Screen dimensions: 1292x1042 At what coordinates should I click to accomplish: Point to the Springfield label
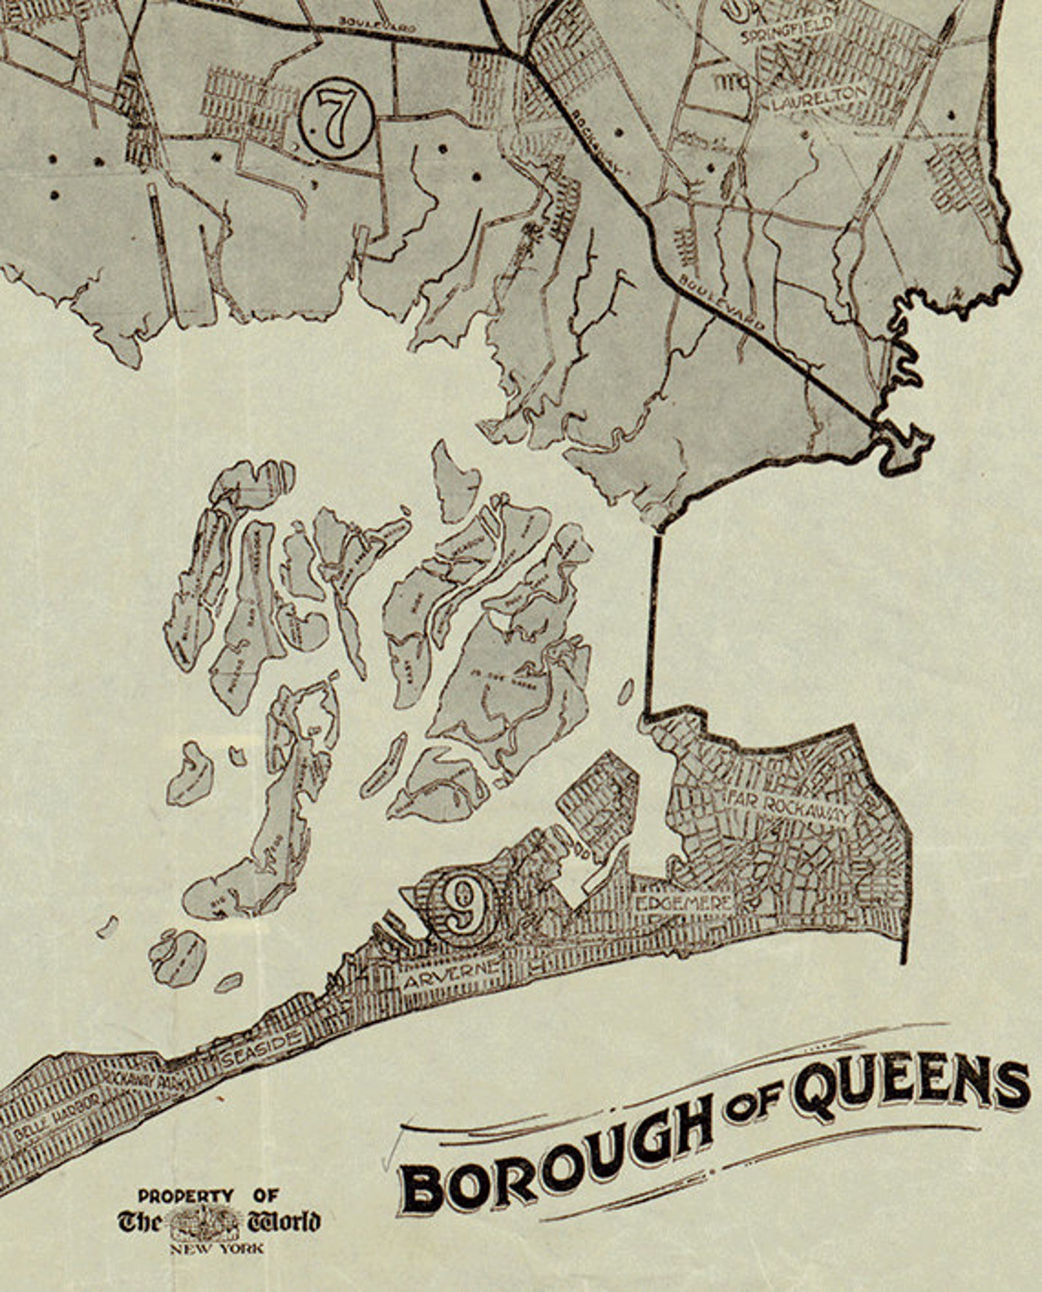(785, 31)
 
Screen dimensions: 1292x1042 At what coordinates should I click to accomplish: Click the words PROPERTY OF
(208, 1196)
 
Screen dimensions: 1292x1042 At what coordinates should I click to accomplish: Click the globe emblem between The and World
(203, 1222)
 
